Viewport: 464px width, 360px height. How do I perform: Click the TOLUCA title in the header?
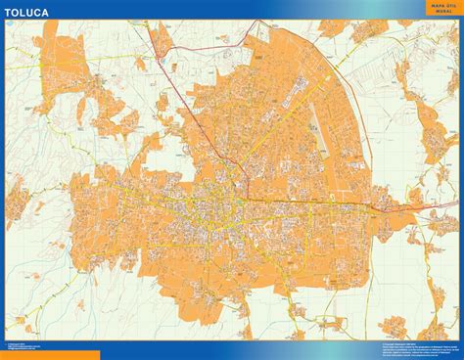click(30, 13)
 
